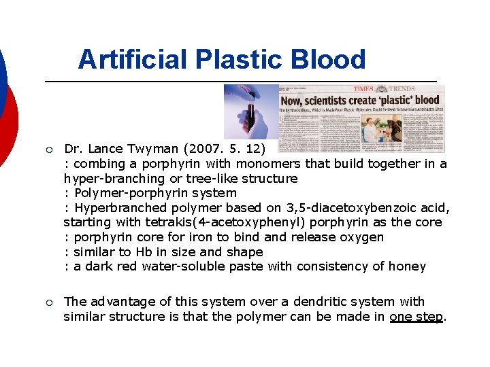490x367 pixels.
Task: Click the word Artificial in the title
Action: point(133,60)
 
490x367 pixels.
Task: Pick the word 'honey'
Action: point(404,266)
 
